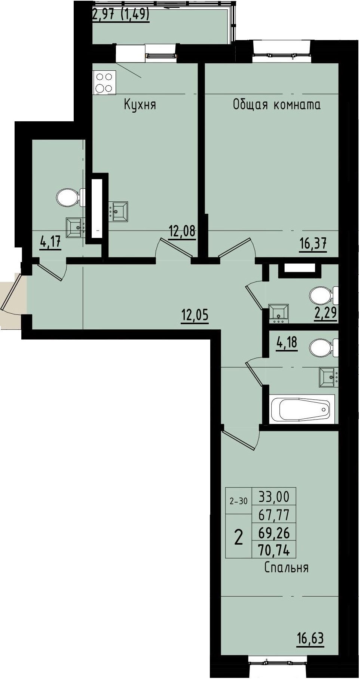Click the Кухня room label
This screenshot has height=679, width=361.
140,105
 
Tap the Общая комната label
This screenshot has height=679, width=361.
277,104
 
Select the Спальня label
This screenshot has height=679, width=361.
287,567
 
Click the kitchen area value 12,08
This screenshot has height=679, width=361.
182,231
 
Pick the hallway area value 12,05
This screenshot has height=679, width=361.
195,316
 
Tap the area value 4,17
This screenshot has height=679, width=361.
50,243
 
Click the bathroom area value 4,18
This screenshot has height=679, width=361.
287,343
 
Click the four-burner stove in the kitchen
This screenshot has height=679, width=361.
104,82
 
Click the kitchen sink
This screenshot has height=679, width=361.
118,211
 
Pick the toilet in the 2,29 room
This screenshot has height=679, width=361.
324,295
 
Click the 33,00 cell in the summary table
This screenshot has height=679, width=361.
274,496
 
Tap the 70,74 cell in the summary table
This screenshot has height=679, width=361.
274,549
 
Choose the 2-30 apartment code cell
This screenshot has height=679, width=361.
239,501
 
